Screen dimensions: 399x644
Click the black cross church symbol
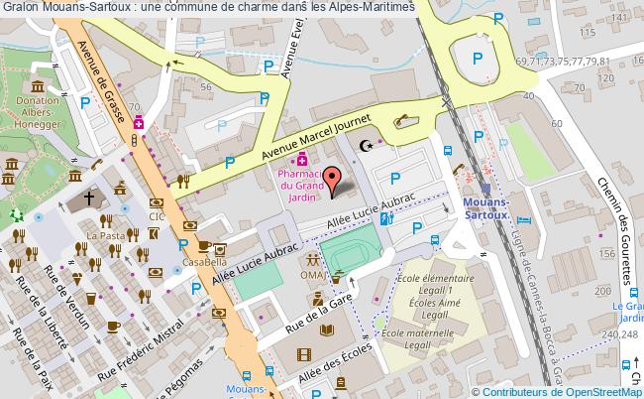click(x=88, y=199)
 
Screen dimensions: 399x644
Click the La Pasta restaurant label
click(x=103, y=235)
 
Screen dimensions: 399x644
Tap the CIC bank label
click(x=157, y=215)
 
